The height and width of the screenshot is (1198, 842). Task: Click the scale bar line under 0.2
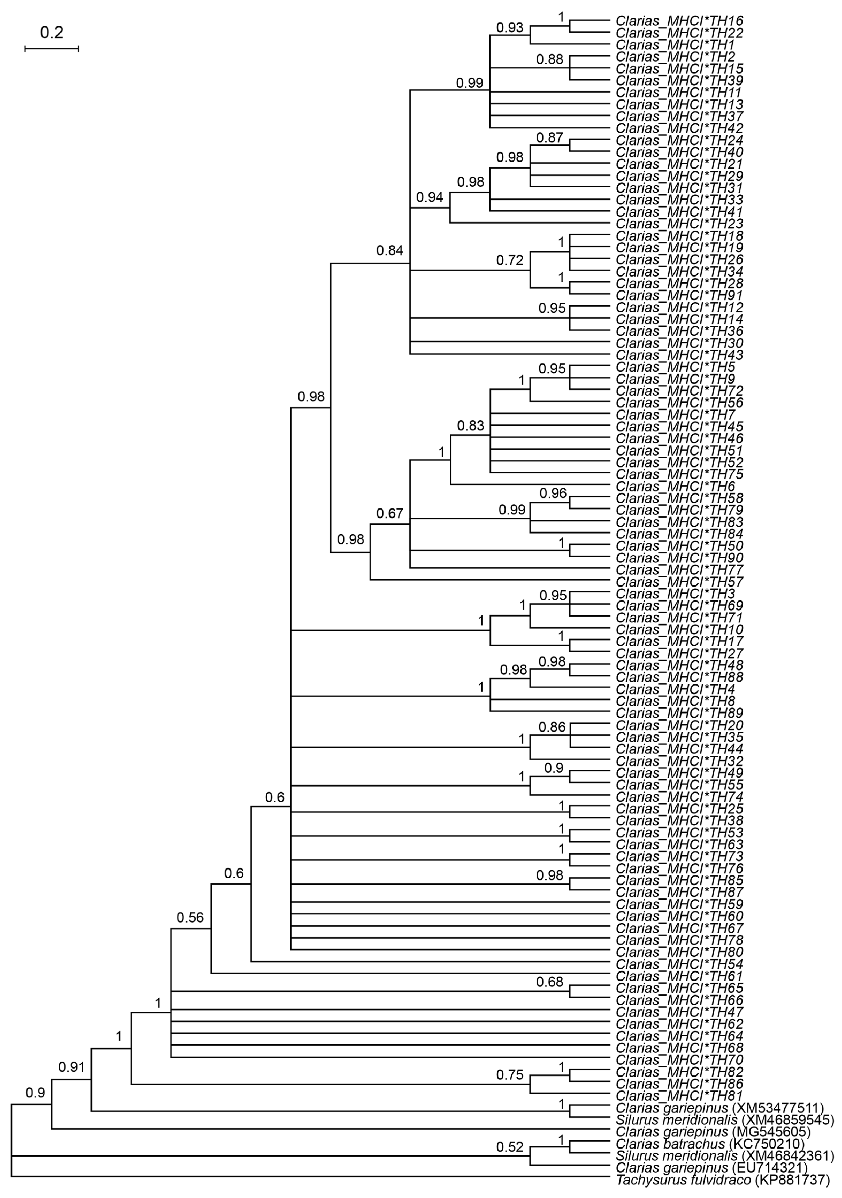click(x=52, y=48)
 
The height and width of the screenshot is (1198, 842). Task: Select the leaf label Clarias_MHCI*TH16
click(x=679, y=21)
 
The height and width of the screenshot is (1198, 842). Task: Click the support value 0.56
click(x=190, y=918)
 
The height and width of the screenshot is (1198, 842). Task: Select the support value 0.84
click(x=390, y=251)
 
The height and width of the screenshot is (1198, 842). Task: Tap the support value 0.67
click(x=390, y=514)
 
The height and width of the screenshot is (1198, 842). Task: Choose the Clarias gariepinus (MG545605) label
click(x=713, y=1132)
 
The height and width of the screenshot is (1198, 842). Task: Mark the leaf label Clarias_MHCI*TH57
click(x=679, y=582)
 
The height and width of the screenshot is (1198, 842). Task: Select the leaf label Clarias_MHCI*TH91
click(x=679, y=295)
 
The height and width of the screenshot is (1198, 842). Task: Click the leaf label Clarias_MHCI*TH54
click(x=679, y=964)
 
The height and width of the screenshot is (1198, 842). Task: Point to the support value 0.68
click(x=550, y=982)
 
